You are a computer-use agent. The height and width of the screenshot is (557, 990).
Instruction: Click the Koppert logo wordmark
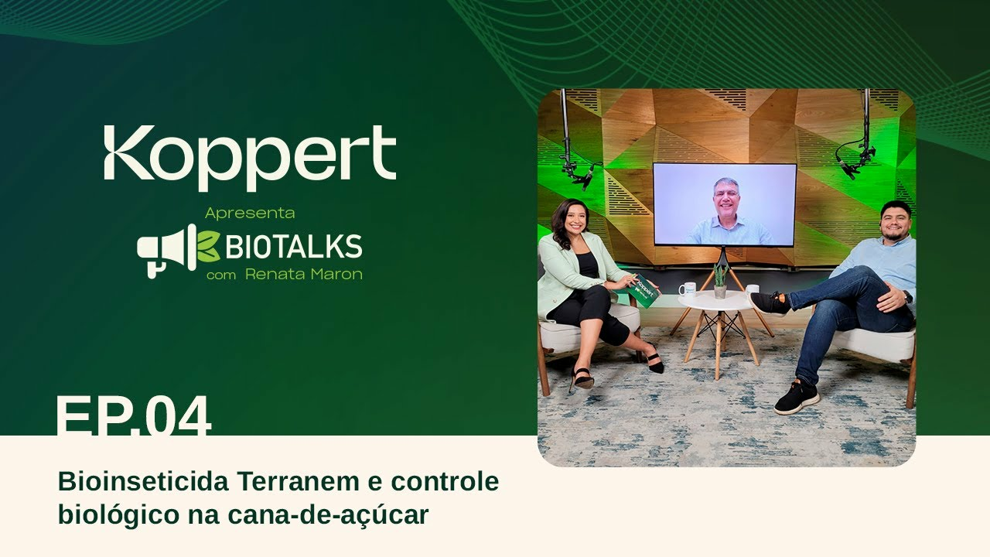(250, 157)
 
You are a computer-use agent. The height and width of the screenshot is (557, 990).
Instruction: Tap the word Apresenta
(250, 213)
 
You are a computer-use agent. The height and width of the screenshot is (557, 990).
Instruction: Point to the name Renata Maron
(303, 275)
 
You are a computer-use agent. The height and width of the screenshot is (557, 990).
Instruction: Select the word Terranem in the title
(298, 481)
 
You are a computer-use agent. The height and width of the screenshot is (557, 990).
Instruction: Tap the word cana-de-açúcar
(329, 514)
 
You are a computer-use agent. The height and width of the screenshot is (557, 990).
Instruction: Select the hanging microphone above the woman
(579, 171)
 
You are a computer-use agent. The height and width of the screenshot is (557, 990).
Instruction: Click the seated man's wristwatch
(907, 296)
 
